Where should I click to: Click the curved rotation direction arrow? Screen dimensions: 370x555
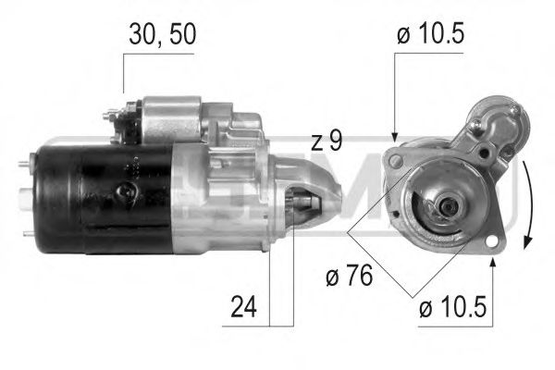pyautogui.click(x=527, y=203)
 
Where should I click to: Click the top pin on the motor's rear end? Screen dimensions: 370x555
pyautogui.click(x=22, y=166)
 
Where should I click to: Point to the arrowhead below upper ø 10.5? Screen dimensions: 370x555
pyautogui.click(x=395, y=135)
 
